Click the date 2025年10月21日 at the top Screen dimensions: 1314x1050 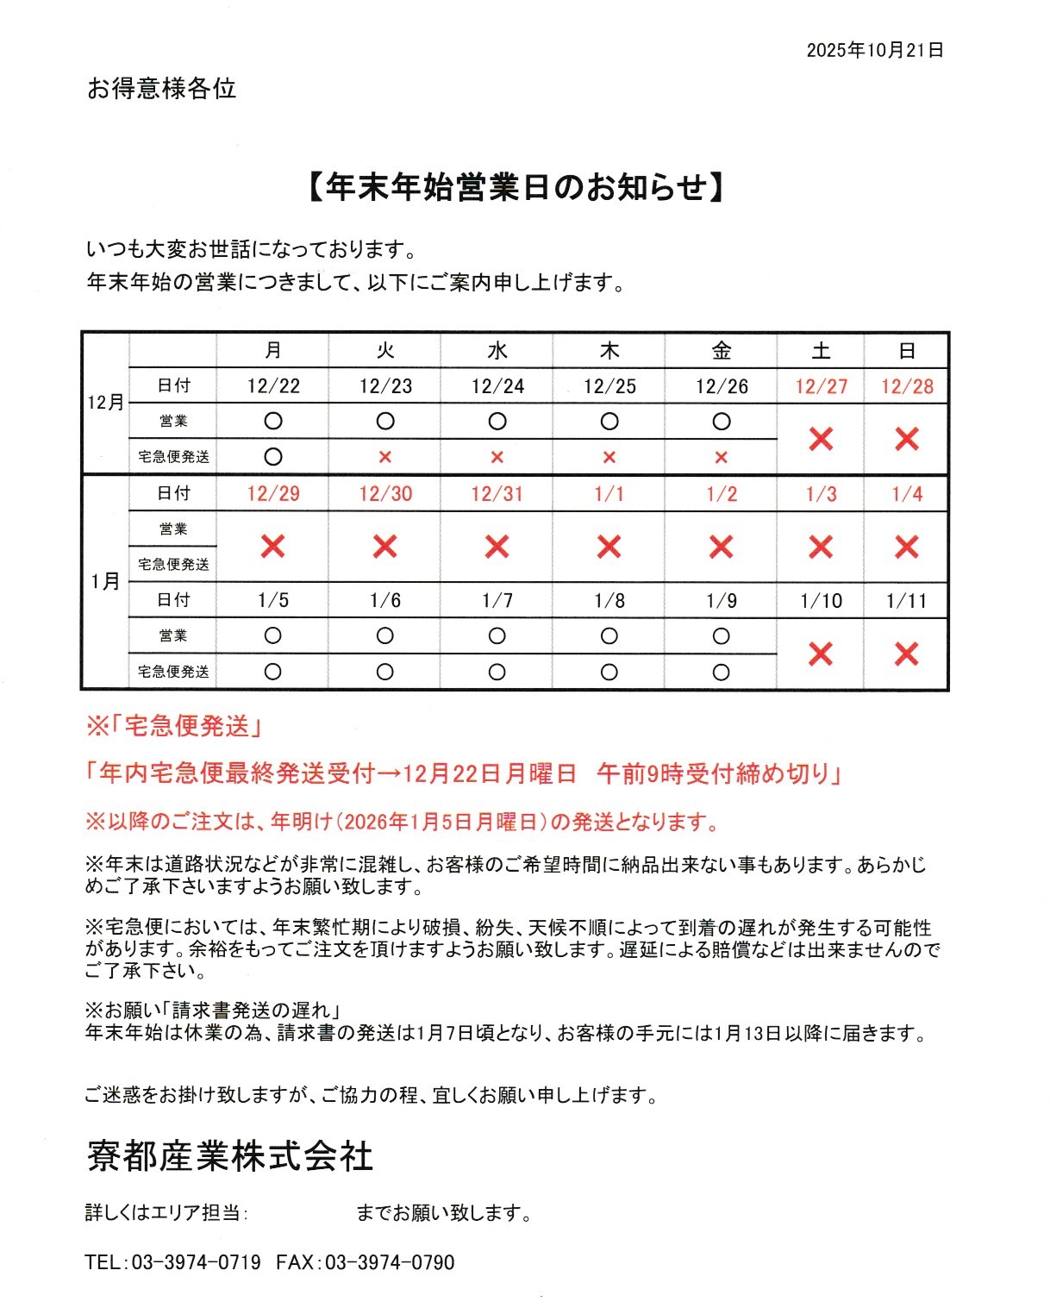tap(874, 51)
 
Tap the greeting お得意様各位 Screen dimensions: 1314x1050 tap(161, 89)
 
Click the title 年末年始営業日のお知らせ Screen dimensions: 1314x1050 tap(516, 187)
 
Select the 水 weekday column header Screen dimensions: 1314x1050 tap(497, 351)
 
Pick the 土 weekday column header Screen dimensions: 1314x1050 tap(821, 351)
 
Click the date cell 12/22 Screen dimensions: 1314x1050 tap(273, 386)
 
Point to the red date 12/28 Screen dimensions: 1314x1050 tap(907, 386)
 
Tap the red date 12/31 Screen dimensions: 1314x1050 tap(497, 494)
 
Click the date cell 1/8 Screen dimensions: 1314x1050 tap(609, 601)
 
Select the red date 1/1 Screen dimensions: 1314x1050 tap(609, 494)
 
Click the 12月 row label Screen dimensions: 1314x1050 tap(105, 403)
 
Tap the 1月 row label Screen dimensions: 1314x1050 tap(105, 582)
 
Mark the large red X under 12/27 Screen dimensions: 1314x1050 tap(821, 440)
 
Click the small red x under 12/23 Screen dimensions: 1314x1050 tap(385, 458)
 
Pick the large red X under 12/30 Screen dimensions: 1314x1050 tap(385, 547)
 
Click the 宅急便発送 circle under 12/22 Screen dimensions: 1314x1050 tap(273, 457)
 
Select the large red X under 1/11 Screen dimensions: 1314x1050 tap(907, 654)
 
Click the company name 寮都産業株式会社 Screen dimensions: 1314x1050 tap(230, 1156)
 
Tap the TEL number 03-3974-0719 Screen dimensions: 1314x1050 tap(196, 1262)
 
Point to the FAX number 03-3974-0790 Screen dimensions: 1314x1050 tap(390, 1262)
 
